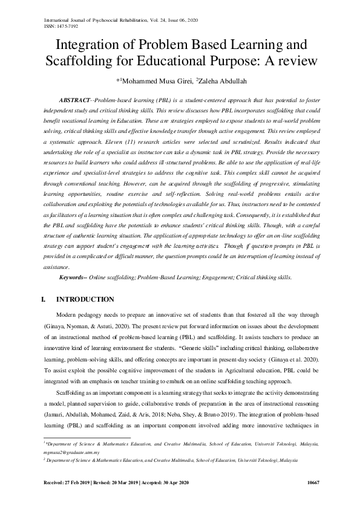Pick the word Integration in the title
(89, 45)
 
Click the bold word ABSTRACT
(74, 99)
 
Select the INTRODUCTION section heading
(85, 299)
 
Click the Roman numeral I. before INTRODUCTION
(43, 299)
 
